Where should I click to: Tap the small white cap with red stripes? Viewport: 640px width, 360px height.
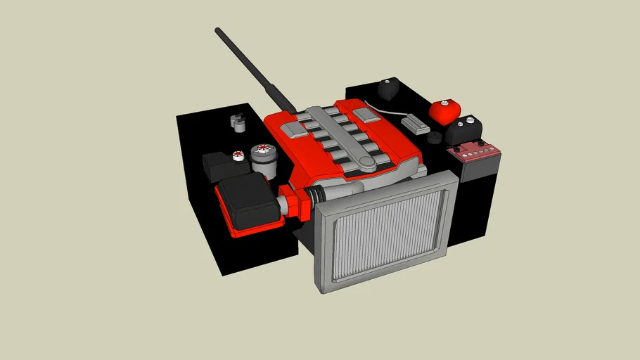[x=238, y=155]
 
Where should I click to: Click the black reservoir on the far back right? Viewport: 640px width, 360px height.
[x=388, y=89]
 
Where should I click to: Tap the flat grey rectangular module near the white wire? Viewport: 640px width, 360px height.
[x=416, y=124]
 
